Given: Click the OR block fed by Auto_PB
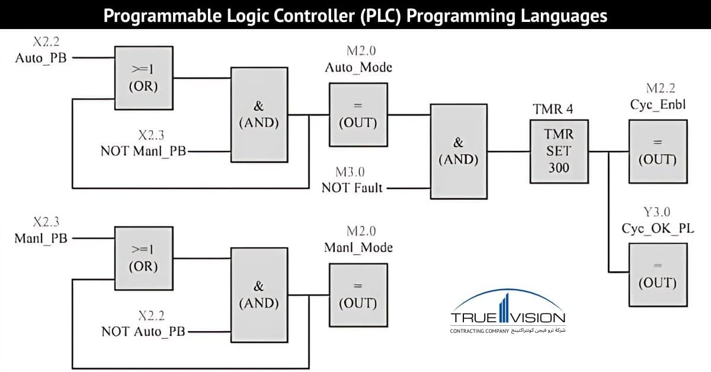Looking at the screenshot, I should pos(144,78).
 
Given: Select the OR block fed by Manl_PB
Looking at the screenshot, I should pos(144,258).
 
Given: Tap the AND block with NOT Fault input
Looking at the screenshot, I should pos(458,151).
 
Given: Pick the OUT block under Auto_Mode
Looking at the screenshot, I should pos(357,114).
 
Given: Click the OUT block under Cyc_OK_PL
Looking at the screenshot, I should pos(657,273).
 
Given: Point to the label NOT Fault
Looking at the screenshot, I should pos(352,188).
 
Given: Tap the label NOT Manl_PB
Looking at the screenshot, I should pos(143,150).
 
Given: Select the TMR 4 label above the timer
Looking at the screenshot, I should pos(553,109).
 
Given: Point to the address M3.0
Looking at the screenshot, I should pos(350,172).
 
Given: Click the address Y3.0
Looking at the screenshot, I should pos(658,213).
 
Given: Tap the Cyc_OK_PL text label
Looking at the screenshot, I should pos(658,229).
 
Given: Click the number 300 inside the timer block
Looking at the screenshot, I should pos(558,168).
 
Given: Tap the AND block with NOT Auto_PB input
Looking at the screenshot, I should pos(258,294).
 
